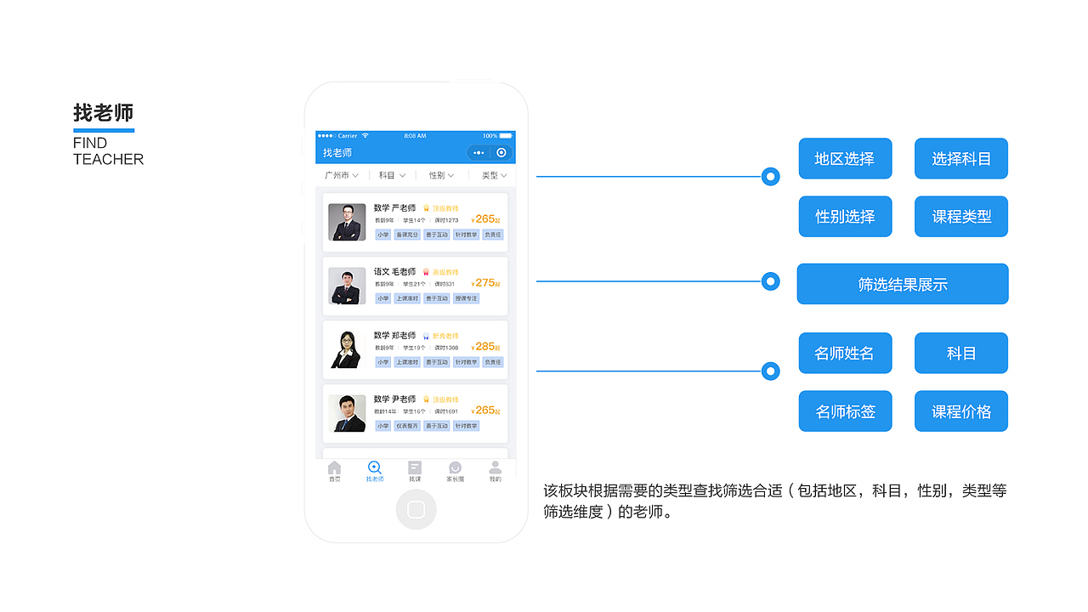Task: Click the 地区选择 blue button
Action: pyautogui.click(x=845, y=159)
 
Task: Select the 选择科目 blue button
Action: pyautogui.click(x=960, y=159)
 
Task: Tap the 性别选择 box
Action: pyautogui.click(x=845, y=217)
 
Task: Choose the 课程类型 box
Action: pyautogui.click(x=960, y=217)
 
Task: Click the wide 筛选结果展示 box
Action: pyautogui.click(x=902, y=284)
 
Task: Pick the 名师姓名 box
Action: pyautogui.click(x=845, y=353)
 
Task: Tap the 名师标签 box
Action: pyautogui.click(x=845, y=411)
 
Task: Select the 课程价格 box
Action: pyautogui.click(x=960, y=411)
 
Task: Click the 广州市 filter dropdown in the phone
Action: pyautogui.click(x=341, y=175)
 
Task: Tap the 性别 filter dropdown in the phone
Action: pyautogui.click(x=441, y=175)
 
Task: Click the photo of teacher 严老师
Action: pyautogui.click(x=347, y=222)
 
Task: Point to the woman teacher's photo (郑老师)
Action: pyautogui.click(x=347, y=349)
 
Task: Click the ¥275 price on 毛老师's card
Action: pyautogui.click(x=485, y=283)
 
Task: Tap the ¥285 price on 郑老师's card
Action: pyautogui.click(x=485, y=347)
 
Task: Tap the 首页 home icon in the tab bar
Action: pyautogui.click(x=334, y=468)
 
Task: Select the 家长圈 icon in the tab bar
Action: pyautogui.click(x=456, y=468)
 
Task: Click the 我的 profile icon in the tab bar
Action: pyautogui.click(x=495, y=468)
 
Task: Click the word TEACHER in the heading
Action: pyautogui.click(x=108, y=159)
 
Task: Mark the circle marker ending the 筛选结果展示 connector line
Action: pyautogui.click(x=771, y=281)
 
